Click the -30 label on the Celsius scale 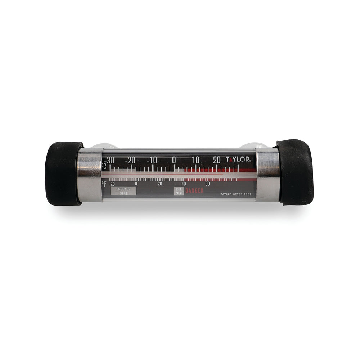tap(109, 160)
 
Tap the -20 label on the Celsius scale tap(131, 160)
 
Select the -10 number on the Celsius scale tap(153, 160)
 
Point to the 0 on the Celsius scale tap(174, 160)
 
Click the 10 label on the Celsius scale tap(195, 160)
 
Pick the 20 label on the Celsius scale tap(217, 160)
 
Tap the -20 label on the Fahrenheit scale tap(112, 184)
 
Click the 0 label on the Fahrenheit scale tap(136, 184)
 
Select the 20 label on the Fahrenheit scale tap(160, 184)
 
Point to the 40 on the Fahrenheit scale tap(184, 184)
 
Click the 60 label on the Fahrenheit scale tap(207, 184)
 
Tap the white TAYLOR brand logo tap(239, 159)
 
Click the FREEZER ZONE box tap(123, 191)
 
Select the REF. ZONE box tap(179, 191)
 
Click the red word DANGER tap(195, 191)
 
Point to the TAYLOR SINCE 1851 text tap(235, 194)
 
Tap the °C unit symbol tap(104, 167)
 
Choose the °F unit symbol tap(104, 184)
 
